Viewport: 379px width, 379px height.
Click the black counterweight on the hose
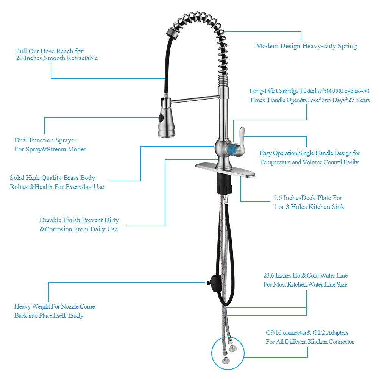tap(214, 283)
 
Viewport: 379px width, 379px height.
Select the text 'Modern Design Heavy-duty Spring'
tap(306, 46)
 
